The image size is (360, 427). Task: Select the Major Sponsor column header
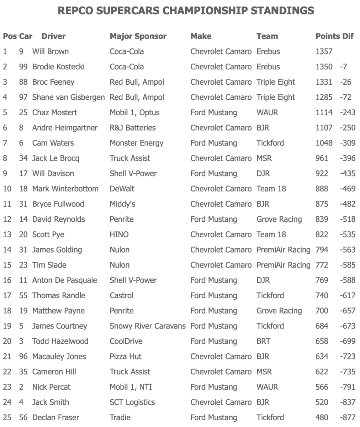pos(138,36)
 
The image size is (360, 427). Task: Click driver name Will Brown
pos(51,52)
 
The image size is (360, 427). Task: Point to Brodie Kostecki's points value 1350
pos(324,67)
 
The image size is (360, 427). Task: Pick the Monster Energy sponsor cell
pos(137,143)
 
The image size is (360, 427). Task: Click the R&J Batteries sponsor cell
pos(133,128)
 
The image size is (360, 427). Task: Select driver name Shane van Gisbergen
pos(68,97)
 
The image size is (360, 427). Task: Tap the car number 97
pos(23,97)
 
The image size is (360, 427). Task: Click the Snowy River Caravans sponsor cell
pos(147,326)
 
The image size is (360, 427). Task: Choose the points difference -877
pos(348,417)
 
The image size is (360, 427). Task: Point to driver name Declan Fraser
pos(55,417)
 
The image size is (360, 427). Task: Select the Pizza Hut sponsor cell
pos(126,357)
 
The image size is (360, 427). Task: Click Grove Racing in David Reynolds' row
pos(279,219)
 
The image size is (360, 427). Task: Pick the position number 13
pos(7,234)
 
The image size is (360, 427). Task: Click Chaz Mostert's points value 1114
pos(324,112)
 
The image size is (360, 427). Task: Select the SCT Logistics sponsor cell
pos(132,402)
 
